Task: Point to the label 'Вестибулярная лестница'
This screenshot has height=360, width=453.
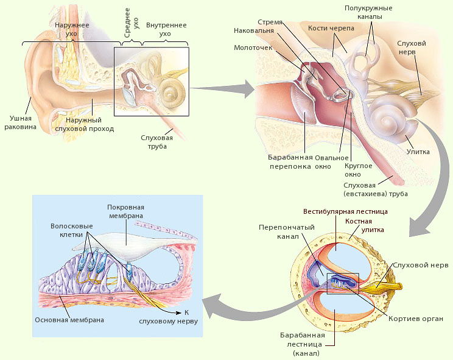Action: [x=345, y=211]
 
